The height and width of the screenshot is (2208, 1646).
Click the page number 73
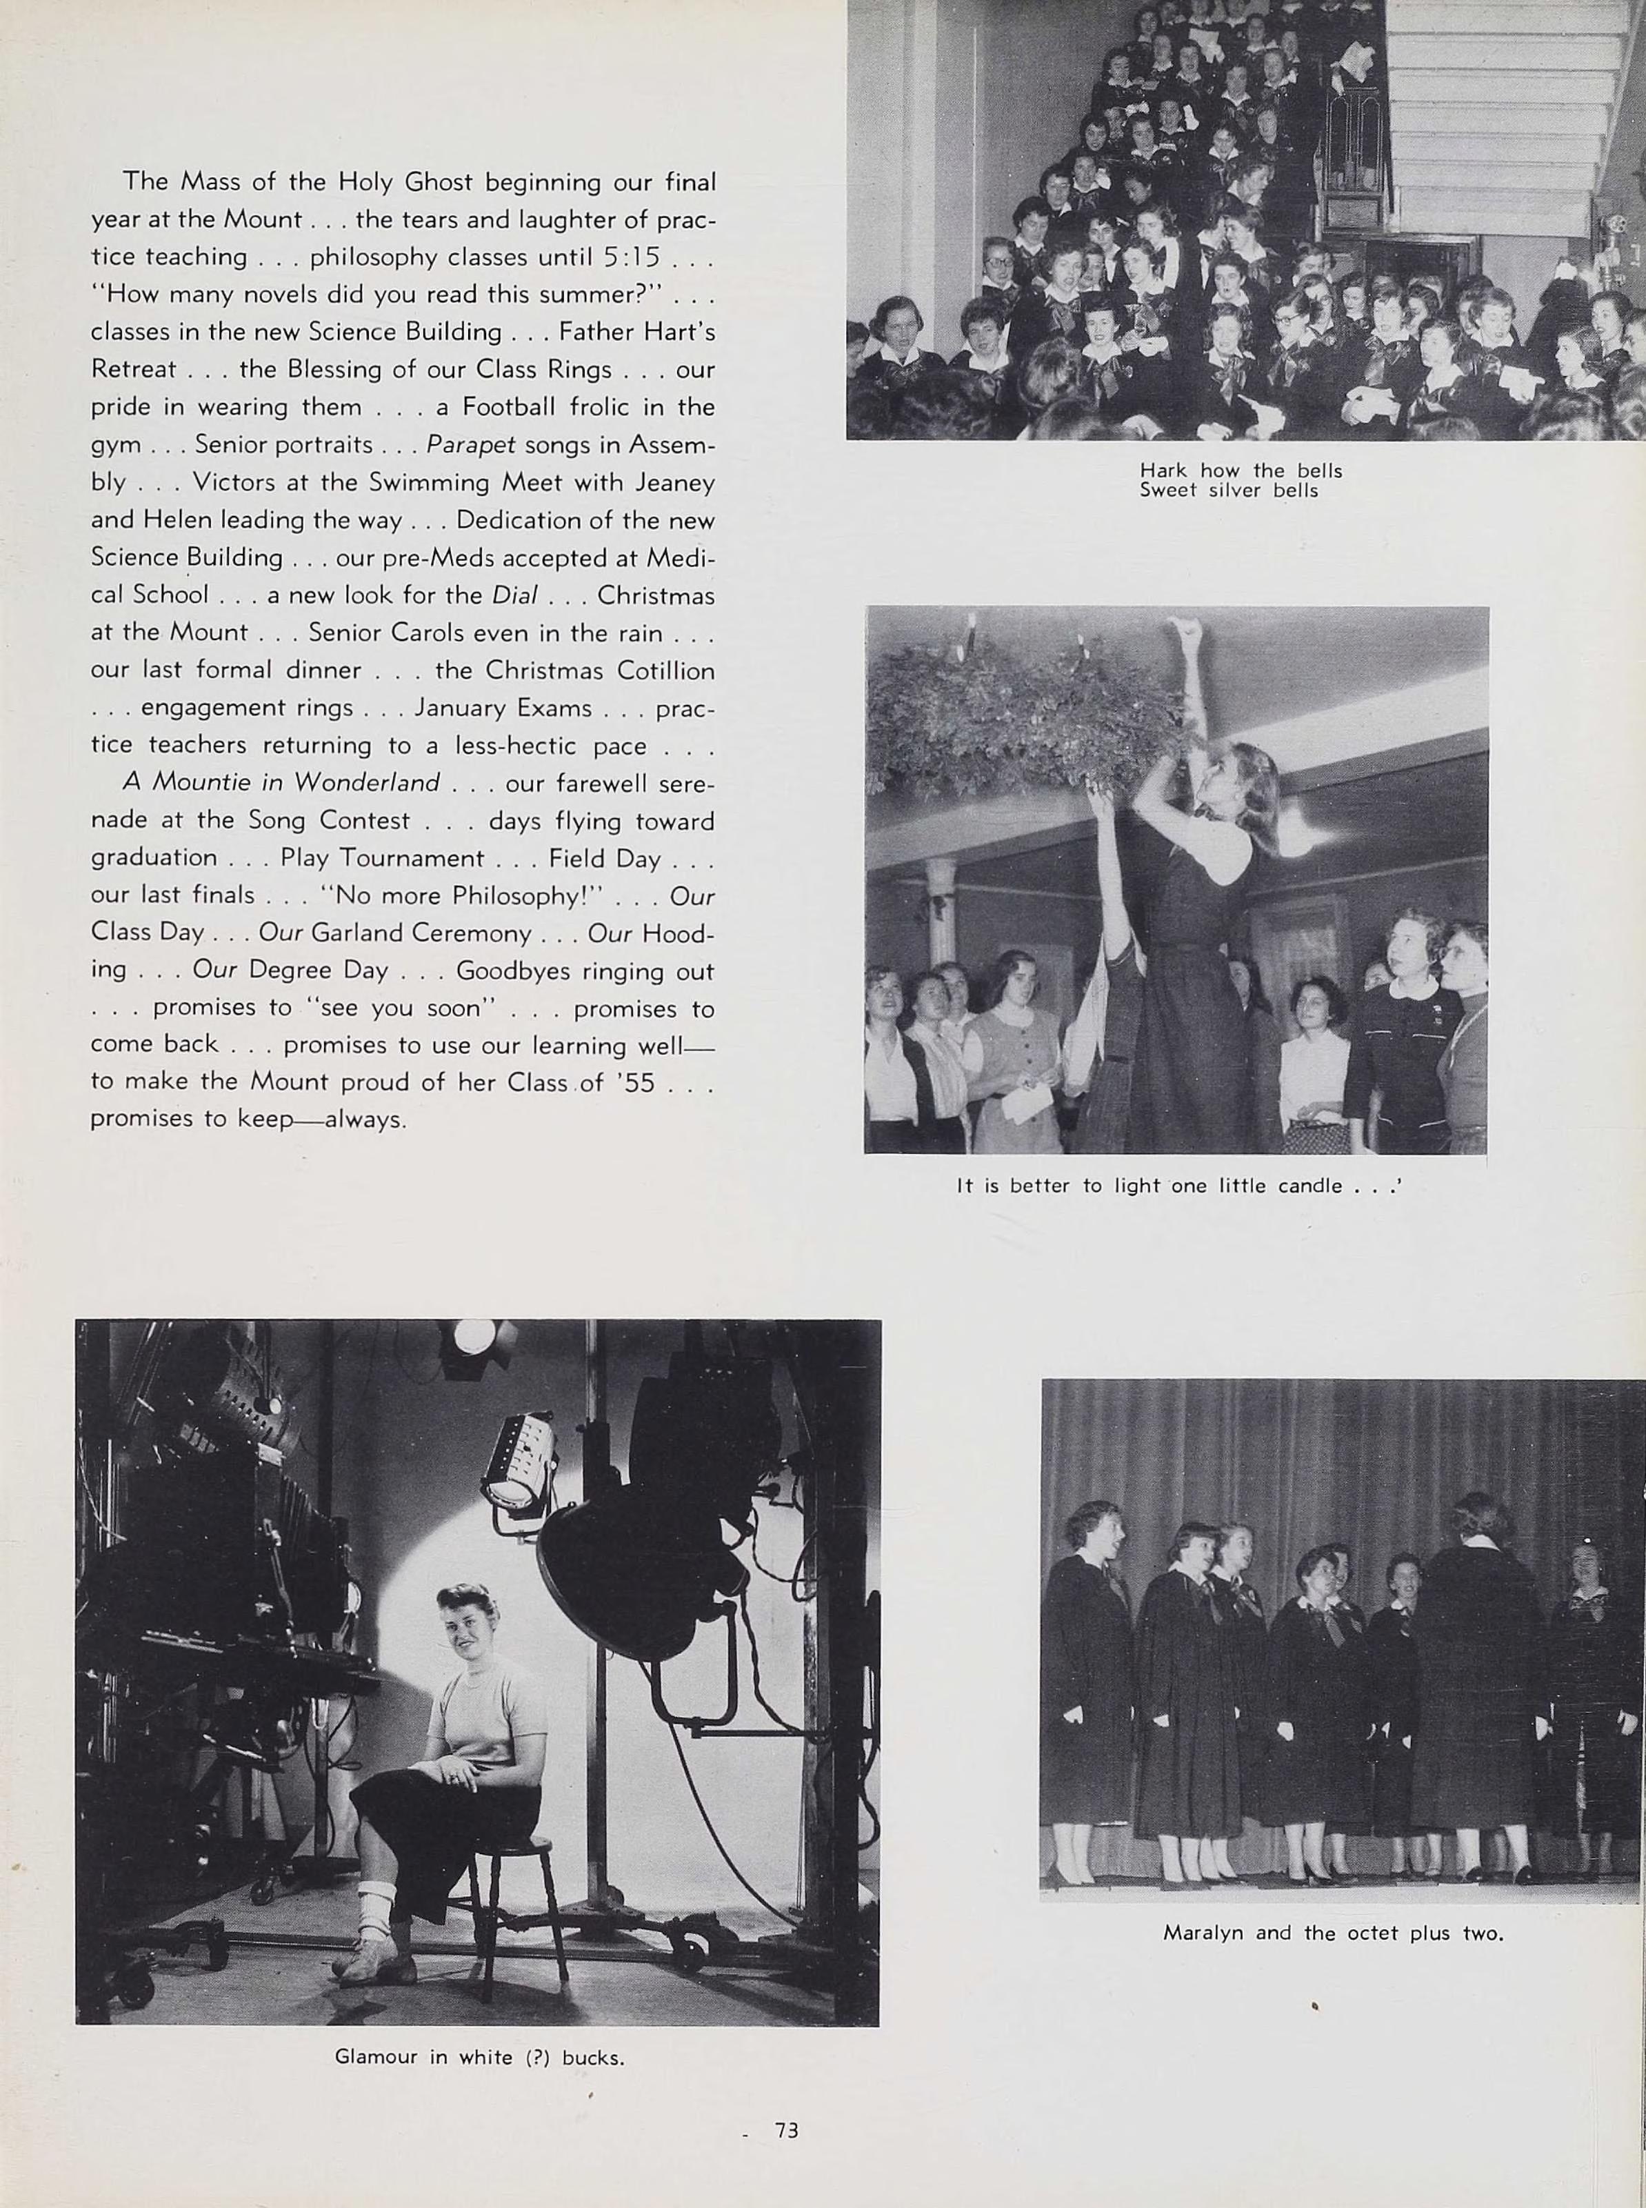pyautogui.click(x=786, y=2130)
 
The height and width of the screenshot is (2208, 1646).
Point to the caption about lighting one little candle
pyautogui.click(x=1178, y=1186)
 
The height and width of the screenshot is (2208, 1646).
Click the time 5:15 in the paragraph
pyautogui.click(x=631, y=257)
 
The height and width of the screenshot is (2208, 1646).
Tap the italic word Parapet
pyautogui.click(x=470, y=444)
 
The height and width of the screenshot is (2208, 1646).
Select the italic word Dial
pyautogui.click(x=514, y=595)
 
